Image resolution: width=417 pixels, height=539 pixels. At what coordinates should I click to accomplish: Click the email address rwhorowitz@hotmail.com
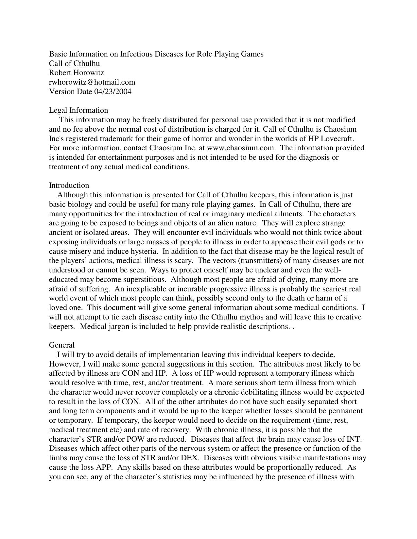click(92, 82)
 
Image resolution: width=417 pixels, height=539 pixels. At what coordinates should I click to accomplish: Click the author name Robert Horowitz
click(77, 73)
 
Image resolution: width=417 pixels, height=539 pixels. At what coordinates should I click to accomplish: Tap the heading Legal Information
click(78, 110)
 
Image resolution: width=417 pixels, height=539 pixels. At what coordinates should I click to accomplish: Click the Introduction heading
click(69, 185)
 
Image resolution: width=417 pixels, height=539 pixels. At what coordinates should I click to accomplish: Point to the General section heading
click(61, 345)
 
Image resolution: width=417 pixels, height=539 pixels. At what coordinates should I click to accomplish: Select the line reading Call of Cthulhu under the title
click(74, 63)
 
